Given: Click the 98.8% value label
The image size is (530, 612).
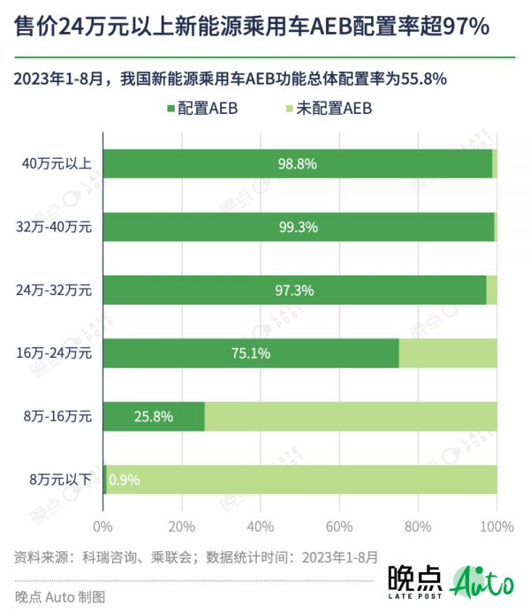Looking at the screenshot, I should [x=298, y=164].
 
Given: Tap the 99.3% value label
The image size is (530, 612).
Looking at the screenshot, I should [x=298, y=227].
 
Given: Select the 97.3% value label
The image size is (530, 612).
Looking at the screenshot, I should [x=295, y=291].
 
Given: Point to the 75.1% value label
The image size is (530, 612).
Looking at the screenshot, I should [x=251, y=353].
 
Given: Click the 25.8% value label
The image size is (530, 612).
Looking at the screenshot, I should [x=154, y=417].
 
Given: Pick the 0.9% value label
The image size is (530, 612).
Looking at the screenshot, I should [x=124, y=480].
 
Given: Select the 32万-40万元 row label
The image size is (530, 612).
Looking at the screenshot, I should [x=59, y=227].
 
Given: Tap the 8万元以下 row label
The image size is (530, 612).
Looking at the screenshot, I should [x=61, y=480].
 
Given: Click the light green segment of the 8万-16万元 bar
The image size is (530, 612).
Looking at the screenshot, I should [x=351, y=417].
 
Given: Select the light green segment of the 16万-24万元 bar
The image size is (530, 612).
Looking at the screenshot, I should [x=448, y=353].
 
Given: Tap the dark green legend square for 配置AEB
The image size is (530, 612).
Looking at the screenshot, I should [x=170, y=109].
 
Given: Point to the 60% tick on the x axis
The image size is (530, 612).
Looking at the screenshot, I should [x=339, y=527].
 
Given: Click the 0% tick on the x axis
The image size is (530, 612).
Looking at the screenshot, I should [x=103, y=527].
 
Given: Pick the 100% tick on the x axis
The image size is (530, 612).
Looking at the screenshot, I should [x=497, y=527].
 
